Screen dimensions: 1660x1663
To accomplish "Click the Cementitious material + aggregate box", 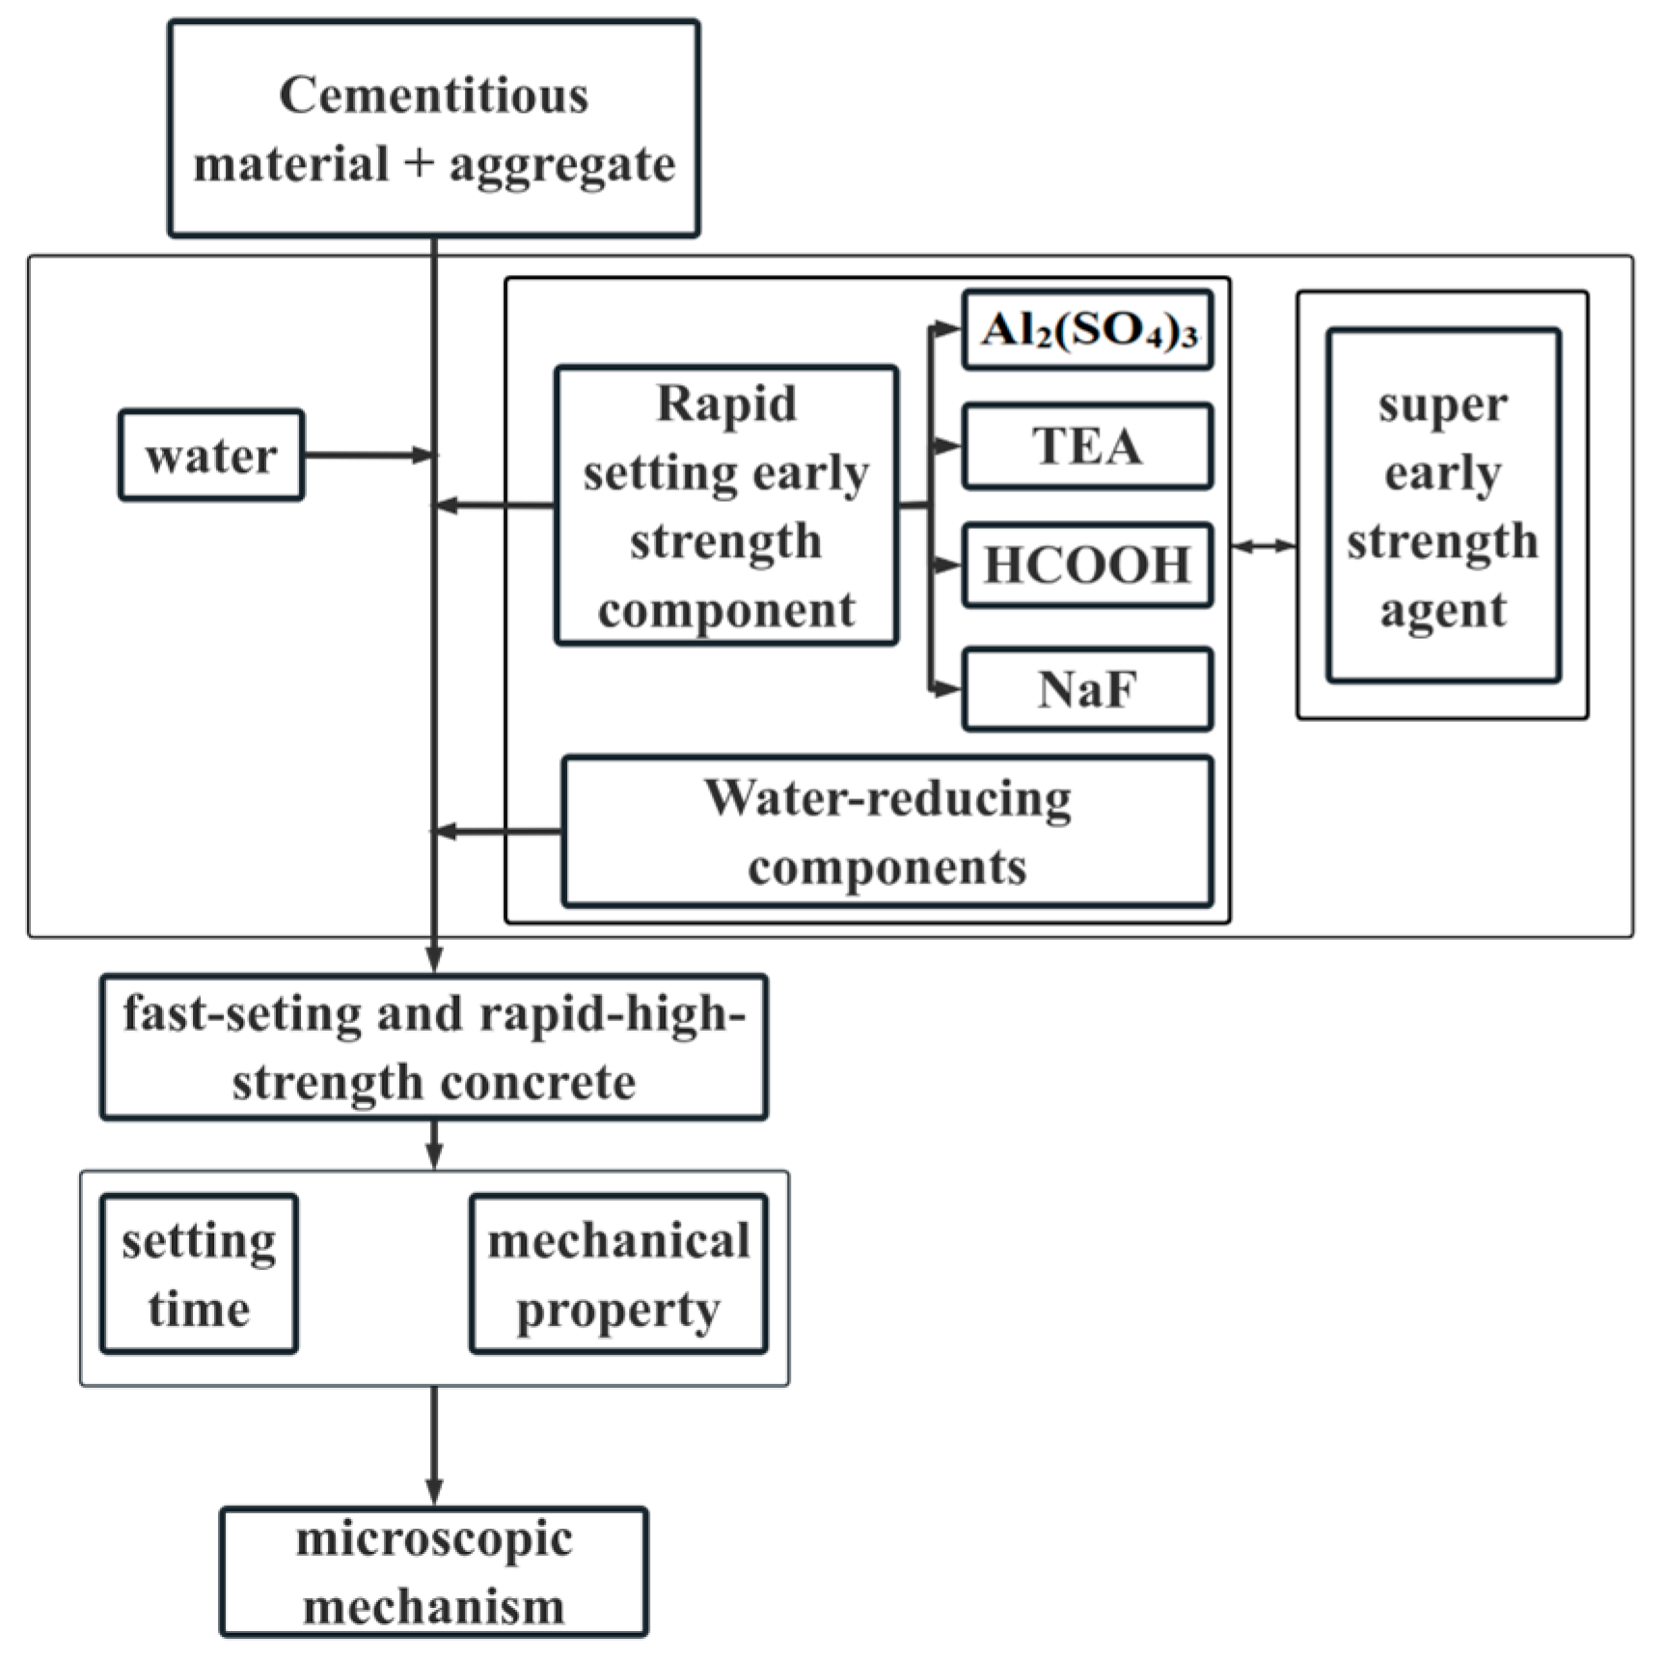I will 433,128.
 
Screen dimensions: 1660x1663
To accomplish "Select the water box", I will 211,456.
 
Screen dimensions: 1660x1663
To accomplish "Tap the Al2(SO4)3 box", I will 1087,331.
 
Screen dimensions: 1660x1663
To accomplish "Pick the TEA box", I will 1087,446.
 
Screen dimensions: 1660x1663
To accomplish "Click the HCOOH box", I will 1087,566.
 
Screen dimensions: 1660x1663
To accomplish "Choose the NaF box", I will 1087,689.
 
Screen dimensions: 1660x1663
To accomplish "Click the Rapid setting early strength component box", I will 725,506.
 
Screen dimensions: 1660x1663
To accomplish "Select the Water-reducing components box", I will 886,832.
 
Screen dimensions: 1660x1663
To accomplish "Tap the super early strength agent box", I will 1442,506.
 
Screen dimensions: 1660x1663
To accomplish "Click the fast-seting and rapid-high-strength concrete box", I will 433,1047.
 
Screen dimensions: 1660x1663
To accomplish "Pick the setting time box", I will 199,1274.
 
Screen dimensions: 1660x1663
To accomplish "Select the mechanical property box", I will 618,1274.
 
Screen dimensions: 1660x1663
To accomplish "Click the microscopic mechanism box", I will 433,1572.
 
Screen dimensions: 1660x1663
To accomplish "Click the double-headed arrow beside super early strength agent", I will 1264,546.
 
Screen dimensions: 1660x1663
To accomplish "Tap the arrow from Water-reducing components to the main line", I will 497,831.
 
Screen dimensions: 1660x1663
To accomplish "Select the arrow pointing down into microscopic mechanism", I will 434,1448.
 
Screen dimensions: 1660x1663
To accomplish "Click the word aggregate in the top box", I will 562,164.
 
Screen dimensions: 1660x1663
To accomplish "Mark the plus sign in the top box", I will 419,164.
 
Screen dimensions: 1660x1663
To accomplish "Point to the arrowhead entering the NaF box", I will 950,689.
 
